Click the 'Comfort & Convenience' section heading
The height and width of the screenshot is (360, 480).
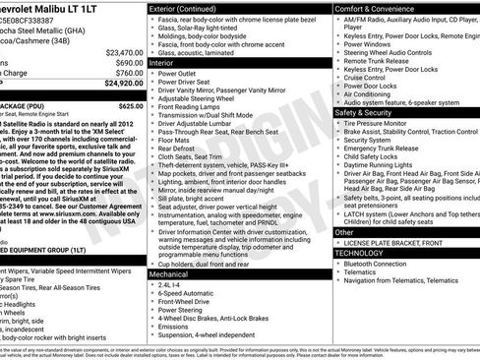(373, 8)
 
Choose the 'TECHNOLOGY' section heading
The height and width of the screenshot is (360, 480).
(359, 253)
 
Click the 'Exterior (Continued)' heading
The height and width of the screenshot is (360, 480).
(185, 8)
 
